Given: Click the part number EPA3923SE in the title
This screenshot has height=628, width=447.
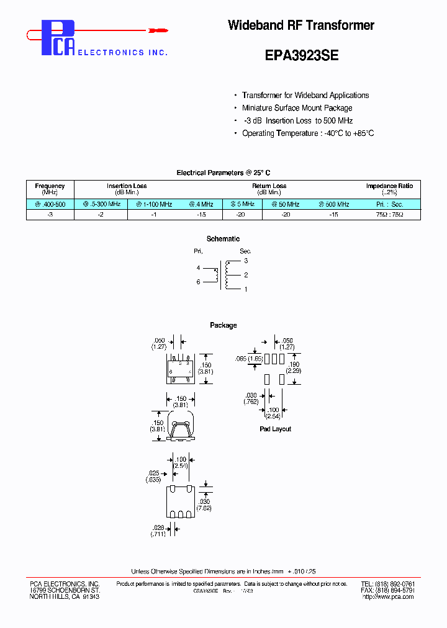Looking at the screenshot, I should click(x=301, y=55).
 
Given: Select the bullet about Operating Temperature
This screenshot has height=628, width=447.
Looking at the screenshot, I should click(x=308, y=133).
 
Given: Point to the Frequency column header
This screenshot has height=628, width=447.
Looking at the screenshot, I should click(x=50, y=186).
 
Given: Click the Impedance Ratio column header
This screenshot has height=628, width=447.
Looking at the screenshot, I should click(x=389, y=186).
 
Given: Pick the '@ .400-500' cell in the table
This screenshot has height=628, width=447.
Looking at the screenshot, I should click(x=50, y=204).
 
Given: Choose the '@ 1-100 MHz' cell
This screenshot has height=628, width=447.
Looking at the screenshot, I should click(x=154, y=204).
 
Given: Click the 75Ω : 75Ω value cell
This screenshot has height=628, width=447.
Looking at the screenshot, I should click(x=389, y=215).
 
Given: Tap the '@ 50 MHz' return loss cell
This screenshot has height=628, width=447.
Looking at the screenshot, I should click(x=286, y=204).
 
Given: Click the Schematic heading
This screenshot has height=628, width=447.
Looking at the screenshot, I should click(x=223, y=239).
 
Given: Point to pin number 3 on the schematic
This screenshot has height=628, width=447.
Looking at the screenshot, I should click(x=246, y=261).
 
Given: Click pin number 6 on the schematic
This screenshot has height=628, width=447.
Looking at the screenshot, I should click(x=198, y=282).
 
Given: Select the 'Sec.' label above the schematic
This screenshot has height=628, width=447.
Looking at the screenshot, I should click(x=245, y=251).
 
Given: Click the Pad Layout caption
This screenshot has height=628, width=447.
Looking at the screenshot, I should click(x=275, y=429).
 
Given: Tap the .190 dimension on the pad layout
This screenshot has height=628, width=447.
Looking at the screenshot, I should click(x=294, y=364).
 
